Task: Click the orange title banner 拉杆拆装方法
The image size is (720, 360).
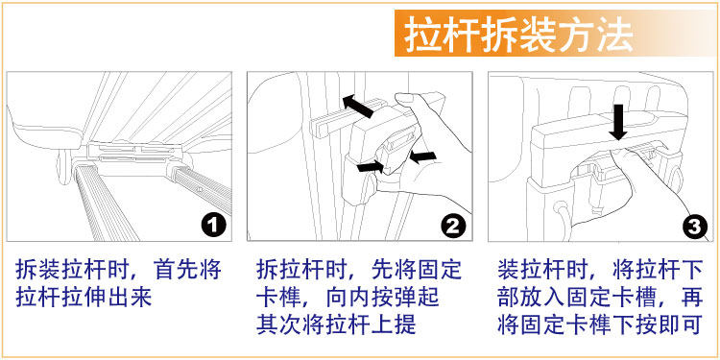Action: click(557, 34)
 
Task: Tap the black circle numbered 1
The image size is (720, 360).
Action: click(213, 226)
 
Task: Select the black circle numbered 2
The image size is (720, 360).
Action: click(453, 226)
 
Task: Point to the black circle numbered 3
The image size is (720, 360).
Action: click(694, 226)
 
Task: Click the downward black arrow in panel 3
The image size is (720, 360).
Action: click(618, 122)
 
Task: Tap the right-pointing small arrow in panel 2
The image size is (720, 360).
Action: click(371, 166)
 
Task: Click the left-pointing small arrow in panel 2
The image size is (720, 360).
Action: click(421, 156)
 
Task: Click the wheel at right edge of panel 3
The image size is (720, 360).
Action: click(675, 179)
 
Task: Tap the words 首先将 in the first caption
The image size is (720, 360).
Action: click(188, 270)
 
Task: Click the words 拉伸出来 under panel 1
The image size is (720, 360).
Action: click(107, 298)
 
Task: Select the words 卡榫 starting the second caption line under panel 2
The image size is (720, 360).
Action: click(278, 298)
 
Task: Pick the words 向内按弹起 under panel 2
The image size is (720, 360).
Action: click(382, 298)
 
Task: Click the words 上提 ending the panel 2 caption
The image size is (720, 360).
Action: click(394, 324)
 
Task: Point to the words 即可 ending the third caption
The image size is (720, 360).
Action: click(681, 324)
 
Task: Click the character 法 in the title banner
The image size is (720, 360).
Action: click(614, 34)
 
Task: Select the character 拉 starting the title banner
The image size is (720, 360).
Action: click(423, 34)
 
